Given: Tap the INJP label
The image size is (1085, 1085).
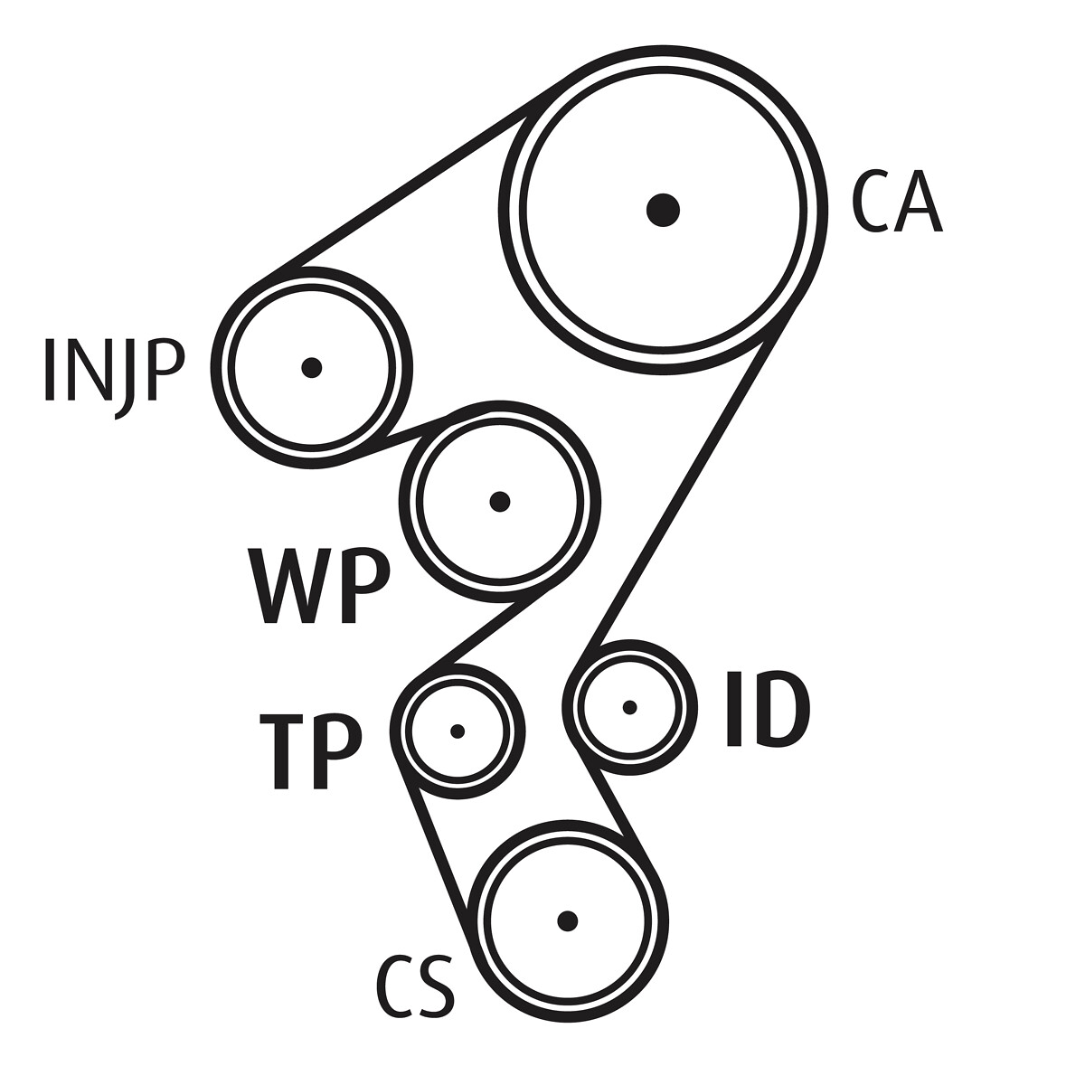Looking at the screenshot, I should tap(114, 371).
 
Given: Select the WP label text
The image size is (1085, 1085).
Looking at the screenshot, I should tap(319, 586).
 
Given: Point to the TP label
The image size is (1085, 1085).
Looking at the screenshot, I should tap(310, 750).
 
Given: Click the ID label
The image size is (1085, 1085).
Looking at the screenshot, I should tap(767, 710).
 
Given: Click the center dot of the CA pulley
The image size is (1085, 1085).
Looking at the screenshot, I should tap(664, 210).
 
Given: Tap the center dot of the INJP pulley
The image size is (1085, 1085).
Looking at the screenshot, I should tap(312, 367).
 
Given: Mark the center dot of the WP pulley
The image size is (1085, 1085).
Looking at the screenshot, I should tap(499, 501).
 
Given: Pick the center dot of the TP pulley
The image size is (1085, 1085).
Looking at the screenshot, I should tap(458, 731).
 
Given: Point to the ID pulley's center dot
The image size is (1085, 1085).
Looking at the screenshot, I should tap(630, 706).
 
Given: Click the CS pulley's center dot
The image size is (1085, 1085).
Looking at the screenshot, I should tap(568, 920).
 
